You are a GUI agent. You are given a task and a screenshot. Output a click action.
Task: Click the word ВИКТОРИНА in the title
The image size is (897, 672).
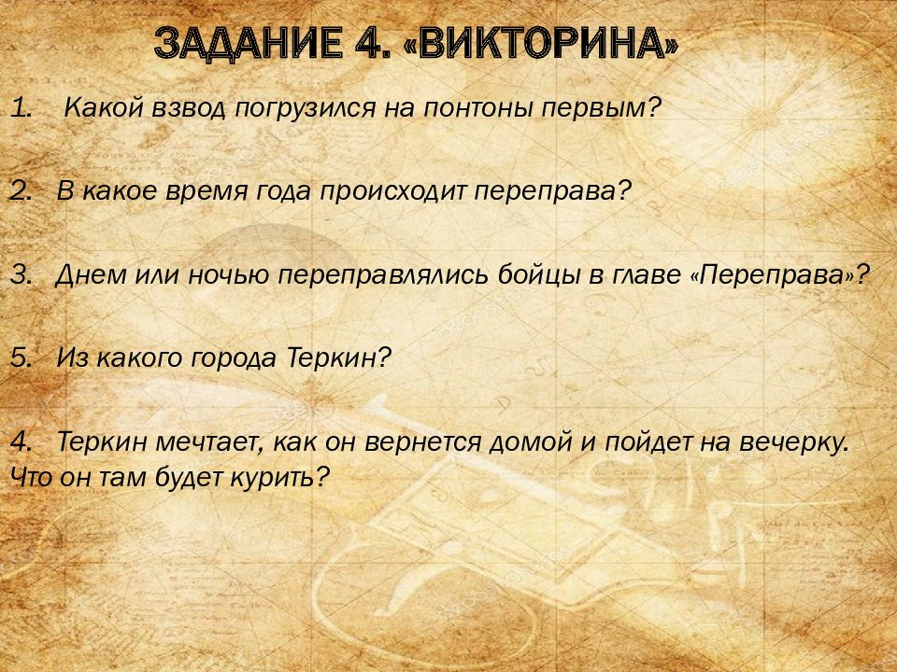coord(541,43)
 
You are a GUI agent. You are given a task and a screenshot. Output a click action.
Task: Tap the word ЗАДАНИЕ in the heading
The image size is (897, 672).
coord(249,43)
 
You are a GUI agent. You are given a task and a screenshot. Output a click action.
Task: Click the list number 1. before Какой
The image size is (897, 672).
coord(21,107)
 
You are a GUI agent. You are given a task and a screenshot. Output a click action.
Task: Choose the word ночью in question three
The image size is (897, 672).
coord(229,275)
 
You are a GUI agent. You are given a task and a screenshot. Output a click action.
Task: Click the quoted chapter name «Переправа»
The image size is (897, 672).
coord(776,275)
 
